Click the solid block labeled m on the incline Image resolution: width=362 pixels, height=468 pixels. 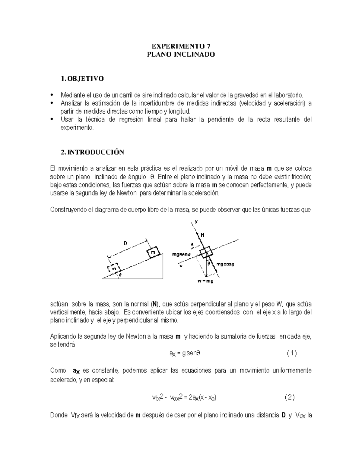pos(154,252)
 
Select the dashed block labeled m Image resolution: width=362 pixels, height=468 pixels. pos(114,268)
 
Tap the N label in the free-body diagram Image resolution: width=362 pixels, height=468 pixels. pos(202,235)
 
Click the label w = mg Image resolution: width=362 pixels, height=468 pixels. pos(205,281)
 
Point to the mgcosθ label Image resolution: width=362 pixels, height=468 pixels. pos(225,264)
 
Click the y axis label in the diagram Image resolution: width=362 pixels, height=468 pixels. pos(196,221)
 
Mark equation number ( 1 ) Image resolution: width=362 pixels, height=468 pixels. pos(292,353)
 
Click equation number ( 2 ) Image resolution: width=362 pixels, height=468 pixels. pos(290,397)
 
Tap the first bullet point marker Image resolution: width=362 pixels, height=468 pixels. pos(53,95)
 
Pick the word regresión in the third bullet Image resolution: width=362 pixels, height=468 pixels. pos(131,120)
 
